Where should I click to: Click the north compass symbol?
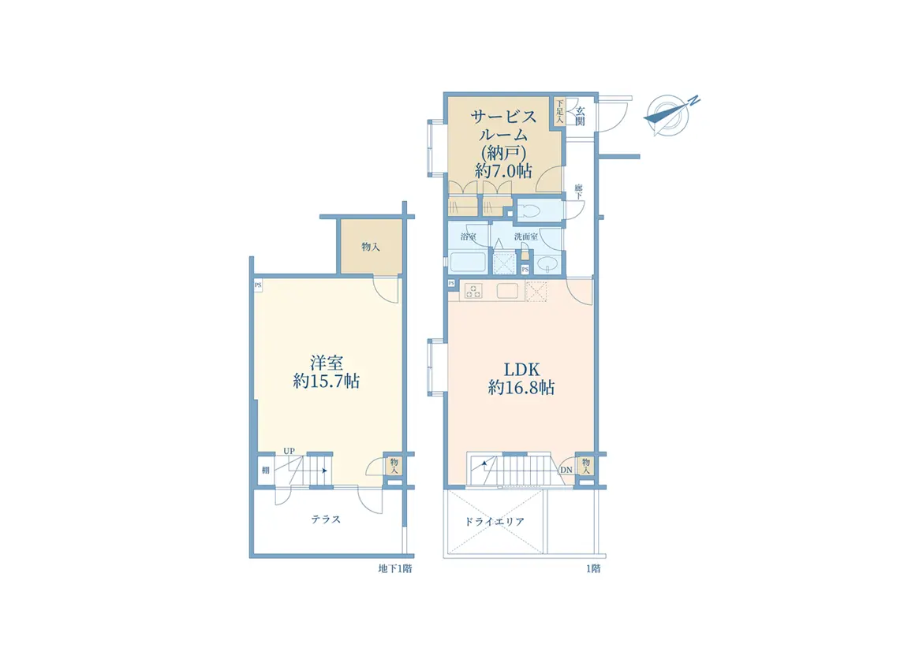tap(669, 114)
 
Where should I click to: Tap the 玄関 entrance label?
tap(580, 117)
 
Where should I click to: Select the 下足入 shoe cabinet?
tap(558, 110)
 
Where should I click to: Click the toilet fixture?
tap(530, 210)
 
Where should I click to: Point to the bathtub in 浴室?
tap(468, 262)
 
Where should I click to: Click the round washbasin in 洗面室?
tap(546, 265)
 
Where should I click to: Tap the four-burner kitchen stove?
tap(473, 292)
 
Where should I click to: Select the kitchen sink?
tap(506, 291)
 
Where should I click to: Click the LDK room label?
tap(521, 369)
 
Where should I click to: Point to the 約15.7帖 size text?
tap(327, 382)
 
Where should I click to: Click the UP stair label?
tap(289, 451)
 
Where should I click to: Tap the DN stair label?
tap(566, 470)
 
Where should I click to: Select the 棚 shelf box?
tap(265, 470)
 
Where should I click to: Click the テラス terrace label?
tap(326, 519)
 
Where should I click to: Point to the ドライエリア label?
tap(495, 522)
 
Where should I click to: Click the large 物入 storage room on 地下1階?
tap(371, 247)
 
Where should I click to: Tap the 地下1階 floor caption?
tap(395, 569)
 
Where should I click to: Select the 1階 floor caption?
tap(593, 569)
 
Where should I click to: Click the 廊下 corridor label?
tap(578, 192)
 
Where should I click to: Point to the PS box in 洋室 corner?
tap(258, 285)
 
